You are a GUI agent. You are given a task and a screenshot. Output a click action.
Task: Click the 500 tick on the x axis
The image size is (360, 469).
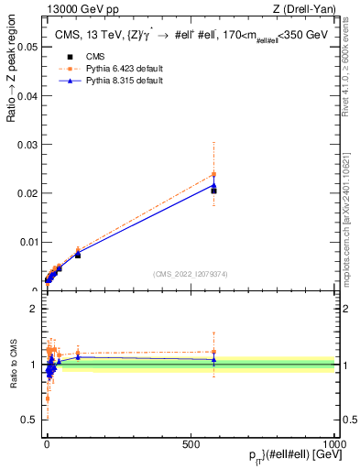191,444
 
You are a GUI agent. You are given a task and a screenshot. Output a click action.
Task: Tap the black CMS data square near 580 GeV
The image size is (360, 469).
213,191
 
